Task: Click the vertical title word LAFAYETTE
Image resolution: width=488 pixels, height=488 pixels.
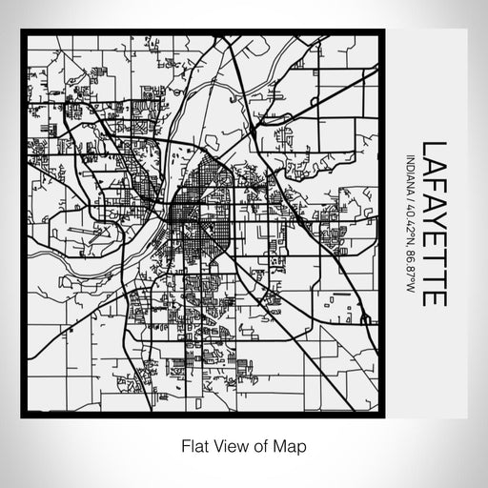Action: [435, 223]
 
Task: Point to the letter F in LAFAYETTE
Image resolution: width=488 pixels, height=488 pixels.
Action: [435, 185]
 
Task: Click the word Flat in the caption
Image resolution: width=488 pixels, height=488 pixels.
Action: [193, 445]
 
